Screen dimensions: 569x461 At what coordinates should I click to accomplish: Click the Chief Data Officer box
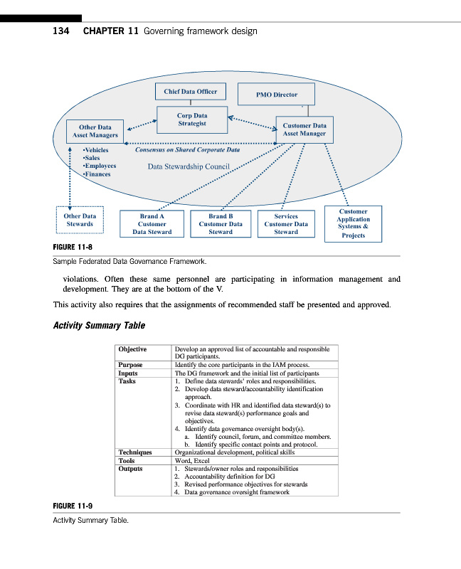coord(190,92)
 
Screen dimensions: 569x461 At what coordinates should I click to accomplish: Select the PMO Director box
coord(277,95)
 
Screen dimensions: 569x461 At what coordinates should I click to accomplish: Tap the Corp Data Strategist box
coord(191,119)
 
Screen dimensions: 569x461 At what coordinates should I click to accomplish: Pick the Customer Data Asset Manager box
coord(304,129)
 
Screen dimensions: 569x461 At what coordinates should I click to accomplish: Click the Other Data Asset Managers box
coord(95,131)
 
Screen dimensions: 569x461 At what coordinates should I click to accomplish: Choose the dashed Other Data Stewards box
coord(80,220)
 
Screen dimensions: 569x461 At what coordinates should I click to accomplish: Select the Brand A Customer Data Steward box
coord(152,223)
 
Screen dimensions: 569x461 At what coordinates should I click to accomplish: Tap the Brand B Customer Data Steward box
coord(221,223)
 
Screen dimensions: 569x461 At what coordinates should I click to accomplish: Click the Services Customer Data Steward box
coord(286,223)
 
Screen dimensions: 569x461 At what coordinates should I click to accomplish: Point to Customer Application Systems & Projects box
coord(353,223)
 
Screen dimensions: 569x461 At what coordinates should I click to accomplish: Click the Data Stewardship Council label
coord(188,167)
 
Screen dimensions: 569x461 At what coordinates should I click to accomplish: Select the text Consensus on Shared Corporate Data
coord(187,150)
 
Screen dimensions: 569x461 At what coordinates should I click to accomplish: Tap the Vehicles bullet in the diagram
coord(96,151)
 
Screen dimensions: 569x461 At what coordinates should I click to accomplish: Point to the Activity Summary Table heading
coord(99,326)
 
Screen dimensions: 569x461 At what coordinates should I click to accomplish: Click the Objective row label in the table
coord(132,349)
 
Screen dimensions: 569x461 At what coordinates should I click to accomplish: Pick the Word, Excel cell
coord(191,461)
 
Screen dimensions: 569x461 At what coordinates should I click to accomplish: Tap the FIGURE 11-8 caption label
coord(73,248)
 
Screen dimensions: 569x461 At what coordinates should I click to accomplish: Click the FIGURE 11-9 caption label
coord(73,506)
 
